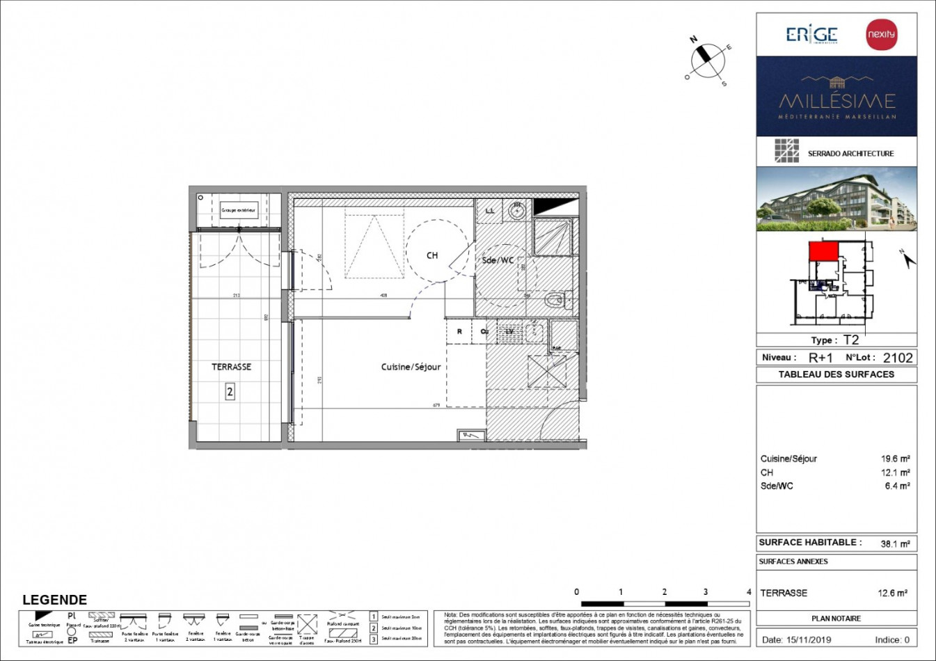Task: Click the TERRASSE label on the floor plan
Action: (x=231, y=367)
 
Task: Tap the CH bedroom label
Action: (x=432, y=255)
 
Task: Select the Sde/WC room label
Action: (x=498, y=260)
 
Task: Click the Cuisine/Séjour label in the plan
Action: (x=411, y=367)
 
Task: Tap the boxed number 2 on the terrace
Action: (x=230, y=392)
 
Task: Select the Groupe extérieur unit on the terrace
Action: (x=239, y=210)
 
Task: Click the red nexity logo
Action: (x=881, y=34)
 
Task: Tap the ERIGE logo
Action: (x=811, y=34)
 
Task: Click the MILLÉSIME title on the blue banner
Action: (x=836, y=100)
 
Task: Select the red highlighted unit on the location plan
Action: (x=823, y=251)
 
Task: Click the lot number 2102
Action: (x=897, y=358)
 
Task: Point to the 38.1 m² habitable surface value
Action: (x=895, y=543)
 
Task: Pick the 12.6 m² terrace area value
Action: (x=892, y=594)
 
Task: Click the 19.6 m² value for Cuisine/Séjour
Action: (x=895, y=459)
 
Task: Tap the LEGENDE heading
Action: (x=54, y=600)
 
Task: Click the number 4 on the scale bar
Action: (x=749, y=592)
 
